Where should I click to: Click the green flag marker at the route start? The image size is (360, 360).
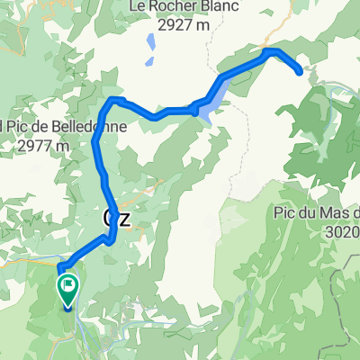[x=67, y=291]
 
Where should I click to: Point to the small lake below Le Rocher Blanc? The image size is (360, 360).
[x=148, y=42]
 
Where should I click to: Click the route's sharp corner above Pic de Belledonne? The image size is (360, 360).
[x=113, y=100]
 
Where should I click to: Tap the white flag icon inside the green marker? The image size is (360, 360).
[x=67, y=287]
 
